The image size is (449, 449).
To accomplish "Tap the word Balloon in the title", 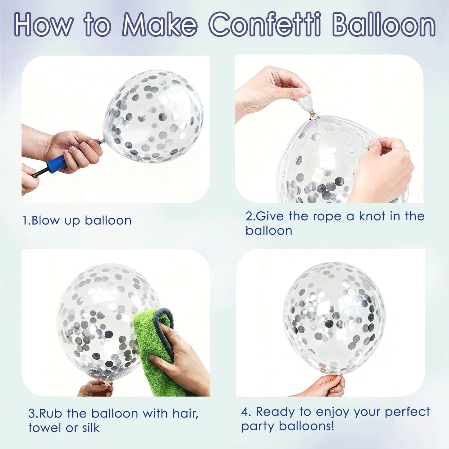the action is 384,25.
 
